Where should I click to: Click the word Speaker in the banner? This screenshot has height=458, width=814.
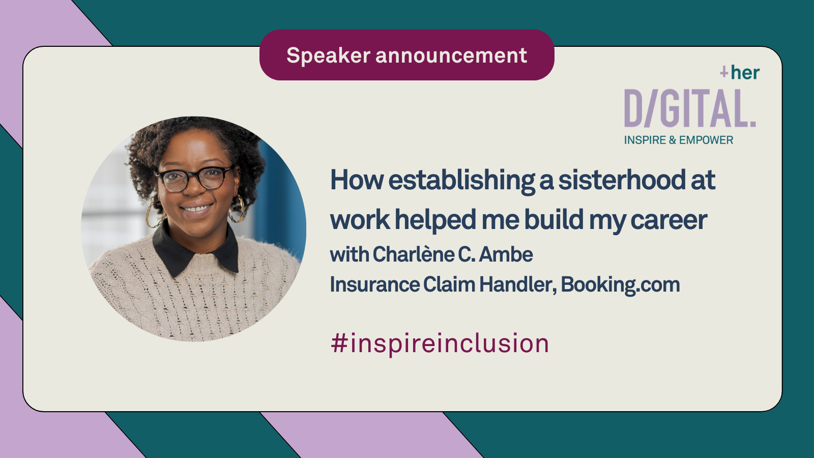pos(329,55)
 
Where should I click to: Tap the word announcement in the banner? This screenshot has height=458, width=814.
pos(451,55)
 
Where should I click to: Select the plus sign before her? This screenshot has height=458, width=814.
pos(724,72)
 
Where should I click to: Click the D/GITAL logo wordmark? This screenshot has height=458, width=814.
pos(690,108)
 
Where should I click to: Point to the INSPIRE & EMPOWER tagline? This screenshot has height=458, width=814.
pos(679,140)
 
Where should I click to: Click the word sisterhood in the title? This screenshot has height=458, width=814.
pos(621,180)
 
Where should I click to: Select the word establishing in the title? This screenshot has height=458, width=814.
pos(461,181)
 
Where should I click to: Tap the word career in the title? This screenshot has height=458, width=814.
pos(668,220)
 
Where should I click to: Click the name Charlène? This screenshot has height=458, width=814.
pos(414,254)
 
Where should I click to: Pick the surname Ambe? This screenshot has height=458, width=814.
pos(506,254)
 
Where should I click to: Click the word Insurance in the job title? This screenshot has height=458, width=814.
pos(374,284)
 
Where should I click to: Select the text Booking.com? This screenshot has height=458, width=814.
pos(620,284)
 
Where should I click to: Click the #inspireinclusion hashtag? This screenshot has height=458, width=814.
pos(440,343)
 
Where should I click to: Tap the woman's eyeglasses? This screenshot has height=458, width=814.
pos(194,178)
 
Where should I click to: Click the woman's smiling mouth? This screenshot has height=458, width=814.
pos(196,209)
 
